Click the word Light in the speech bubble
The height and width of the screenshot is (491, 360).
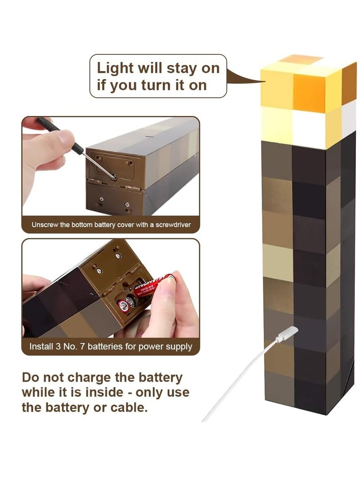coord(116,69)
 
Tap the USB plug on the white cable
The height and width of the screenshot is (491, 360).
coord(287,334)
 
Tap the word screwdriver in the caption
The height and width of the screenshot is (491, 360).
coord(173,224)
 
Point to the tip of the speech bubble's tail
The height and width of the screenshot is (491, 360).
coord(265,81)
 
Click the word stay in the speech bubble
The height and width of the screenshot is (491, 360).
coord(177,69)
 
